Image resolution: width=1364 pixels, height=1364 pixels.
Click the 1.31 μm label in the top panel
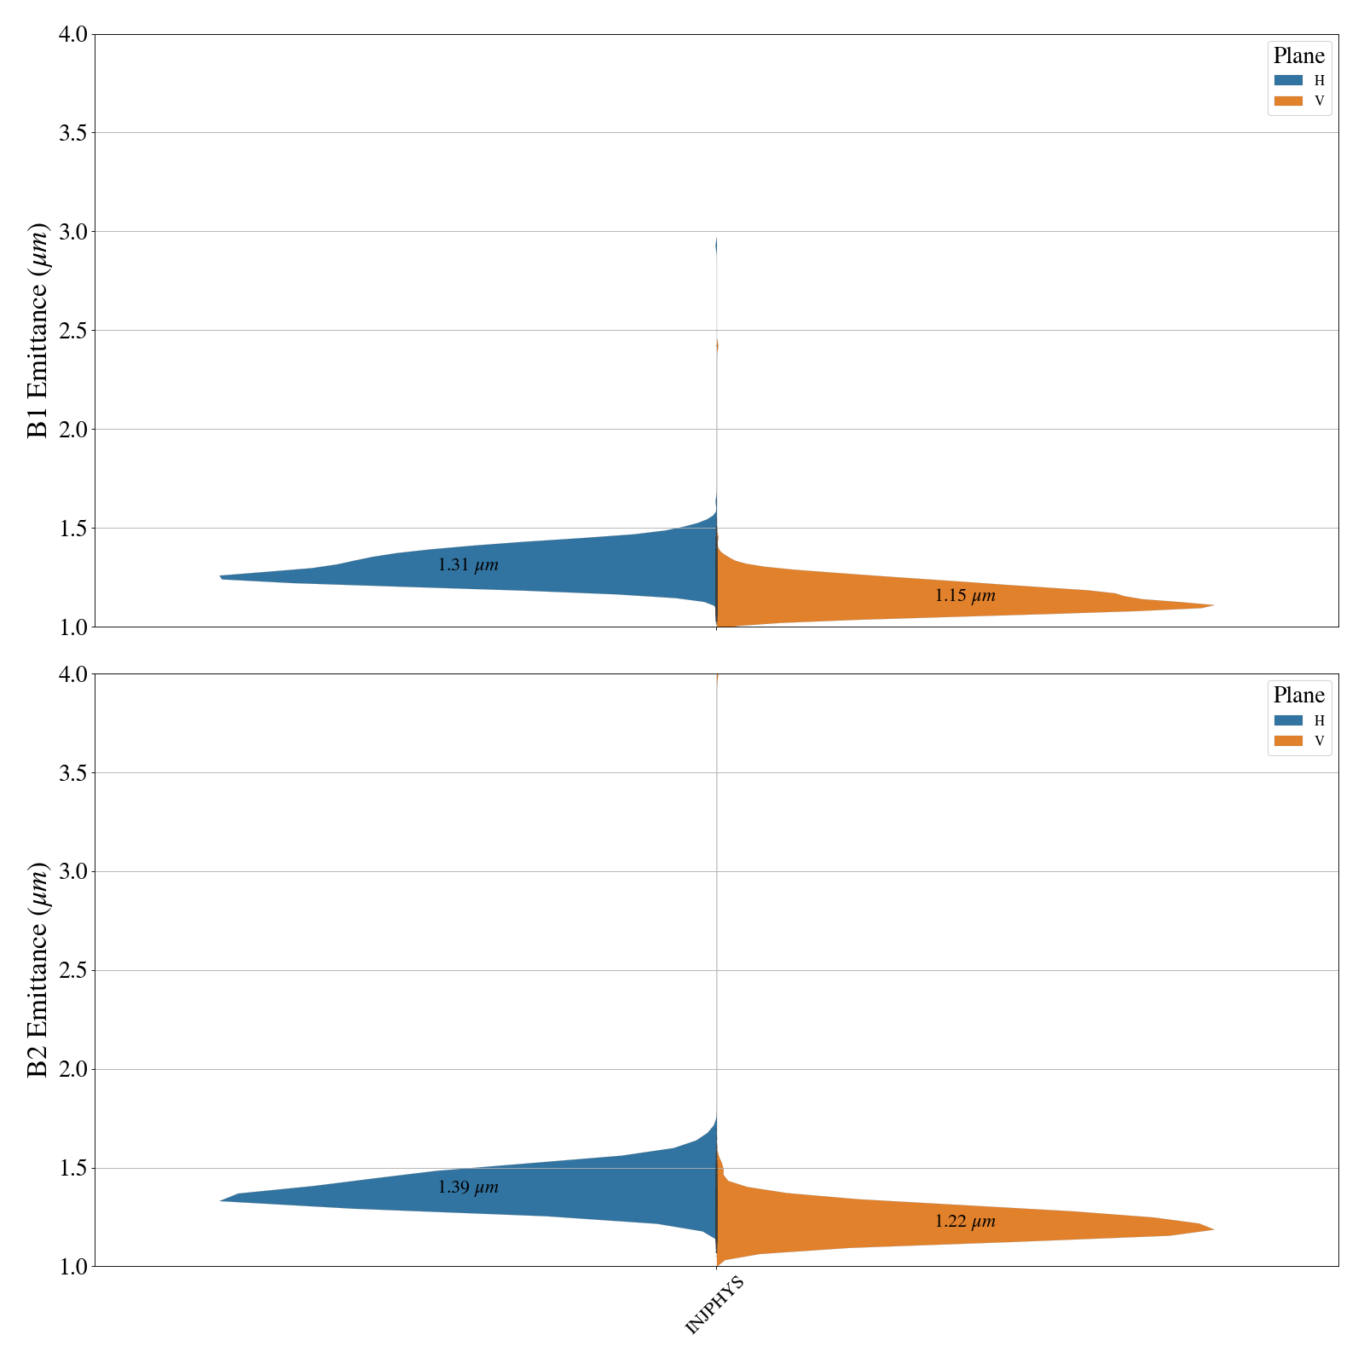click(468, 565)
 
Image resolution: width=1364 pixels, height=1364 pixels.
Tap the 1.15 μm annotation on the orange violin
click(965, 596)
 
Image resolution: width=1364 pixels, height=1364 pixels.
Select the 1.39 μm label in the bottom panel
click(468, 1188)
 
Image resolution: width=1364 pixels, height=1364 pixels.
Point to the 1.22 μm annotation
click(965, 1222)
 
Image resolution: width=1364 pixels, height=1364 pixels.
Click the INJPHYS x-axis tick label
click(715, 1304)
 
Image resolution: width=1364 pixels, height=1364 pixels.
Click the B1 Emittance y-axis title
click(38, 331)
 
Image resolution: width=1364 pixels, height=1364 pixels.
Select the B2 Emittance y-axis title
click(38, 970)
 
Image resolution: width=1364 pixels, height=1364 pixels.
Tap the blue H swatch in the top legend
click(1288, 81)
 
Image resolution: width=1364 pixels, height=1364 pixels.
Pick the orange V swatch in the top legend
click(1288, 101)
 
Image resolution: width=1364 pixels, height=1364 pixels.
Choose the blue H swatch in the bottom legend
click(1288, 720)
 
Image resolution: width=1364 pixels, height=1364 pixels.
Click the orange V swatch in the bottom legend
click(1288, 741)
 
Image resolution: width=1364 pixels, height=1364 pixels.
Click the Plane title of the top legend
click(1299, 56)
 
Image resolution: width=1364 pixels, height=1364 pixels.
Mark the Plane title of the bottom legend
click(1299, 696)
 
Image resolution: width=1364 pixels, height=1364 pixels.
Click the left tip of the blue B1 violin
click(222, 577)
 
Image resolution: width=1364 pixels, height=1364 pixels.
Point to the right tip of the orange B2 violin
click(1211, 1229)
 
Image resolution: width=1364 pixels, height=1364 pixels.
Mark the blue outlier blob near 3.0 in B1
click(716, 246)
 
